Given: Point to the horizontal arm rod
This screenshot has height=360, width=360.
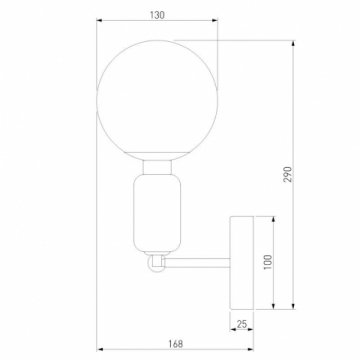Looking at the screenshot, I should tap(200, 263).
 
